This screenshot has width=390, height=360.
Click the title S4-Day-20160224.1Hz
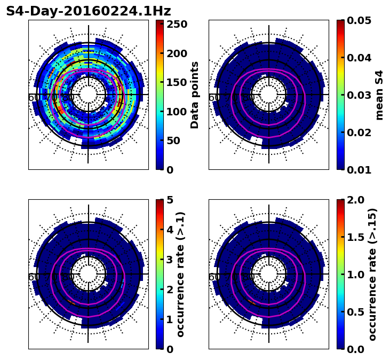pyautogui.click(x=88, y=11)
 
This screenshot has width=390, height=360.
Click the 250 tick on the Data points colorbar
pyautogui.click(x=176, y=24)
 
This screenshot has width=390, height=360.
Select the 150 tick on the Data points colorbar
pyautogui.click(x=176, y=82)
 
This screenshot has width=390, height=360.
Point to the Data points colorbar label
pyautogui.click(x=195, y=95)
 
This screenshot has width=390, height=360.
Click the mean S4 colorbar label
pyautogui.click(x=379, y=95)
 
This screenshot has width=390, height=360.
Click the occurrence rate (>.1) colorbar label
pyautogui.click(x=181, y=274)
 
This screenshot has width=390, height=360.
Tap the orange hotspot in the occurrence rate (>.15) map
pyautogui.click(x=251, y=302)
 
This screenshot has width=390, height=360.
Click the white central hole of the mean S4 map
pyautogui.click(x=269, y=95)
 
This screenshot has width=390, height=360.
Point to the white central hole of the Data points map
pyautogui.click(x=89, y=95)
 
